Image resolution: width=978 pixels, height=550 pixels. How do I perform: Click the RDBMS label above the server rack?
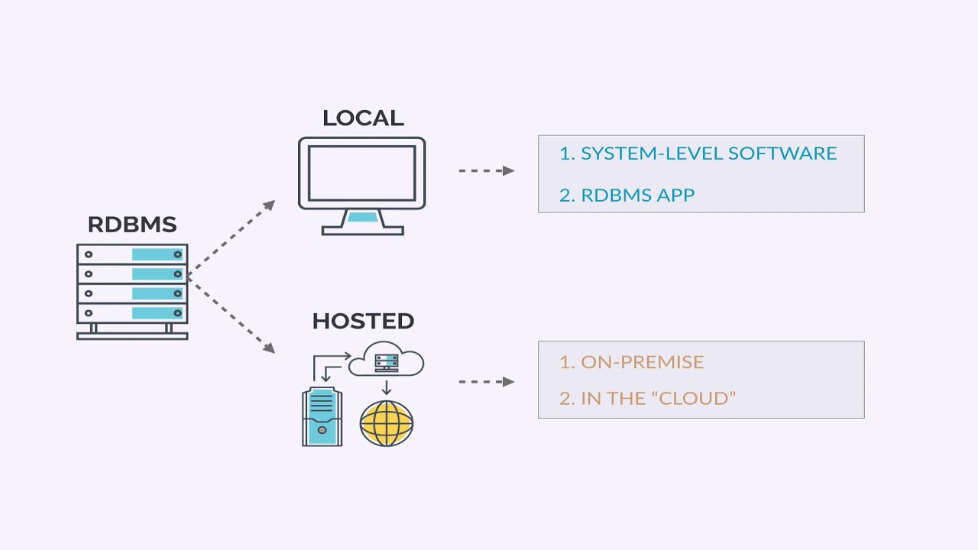tap(131, 225)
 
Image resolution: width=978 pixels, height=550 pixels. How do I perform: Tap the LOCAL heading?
tap(362, 118)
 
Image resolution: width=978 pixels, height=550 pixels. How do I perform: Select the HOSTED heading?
tap(363, 321)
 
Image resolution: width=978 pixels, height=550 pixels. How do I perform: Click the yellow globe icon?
tap(387, 422)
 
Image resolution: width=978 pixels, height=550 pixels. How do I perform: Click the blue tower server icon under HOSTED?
tap(322, 416)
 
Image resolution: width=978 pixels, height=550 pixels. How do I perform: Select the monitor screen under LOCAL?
tap(361, 173)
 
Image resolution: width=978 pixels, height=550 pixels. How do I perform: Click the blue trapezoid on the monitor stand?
tap(362, 217)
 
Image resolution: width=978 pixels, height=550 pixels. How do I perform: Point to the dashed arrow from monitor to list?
tap(486, 170)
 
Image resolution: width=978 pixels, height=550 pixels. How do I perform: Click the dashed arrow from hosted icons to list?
tap(486, 381)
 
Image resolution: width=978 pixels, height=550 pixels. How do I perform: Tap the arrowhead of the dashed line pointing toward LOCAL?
tap(269, 205)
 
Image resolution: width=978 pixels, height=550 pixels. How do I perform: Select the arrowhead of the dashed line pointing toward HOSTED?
tap(269, 348)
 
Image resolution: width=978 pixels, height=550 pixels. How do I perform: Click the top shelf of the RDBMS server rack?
tap(132, 254)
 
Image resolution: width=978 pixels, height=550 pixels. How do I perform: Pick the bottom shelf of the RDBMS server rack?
tap(132, 313)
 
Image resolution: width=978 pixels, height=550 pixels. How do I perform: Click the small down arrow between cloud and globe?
tap(387, 387)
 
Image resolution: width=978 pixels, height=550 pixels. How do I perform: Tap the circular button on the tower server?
tap(322, 431)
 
